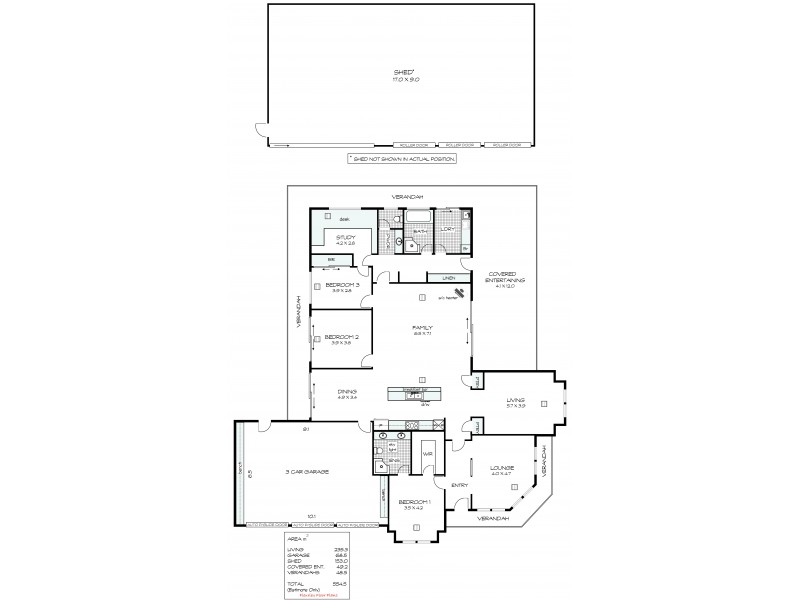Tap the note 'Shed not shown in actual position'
click(400, 158)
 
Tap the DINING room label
click(346, 393)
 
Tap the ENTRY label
click(459, 486)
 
